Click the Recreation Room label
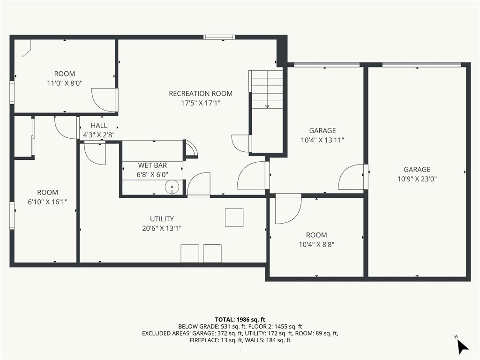pos(201,93)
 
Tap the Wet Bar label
pos(152,165)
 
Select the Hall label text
pos(99,126)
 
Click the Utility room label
pos(162,219)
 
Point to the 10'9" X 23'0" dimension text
pos(417,179)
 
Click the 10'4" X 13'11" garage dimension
pos(322,140)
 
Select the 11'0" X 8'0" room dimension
pos(65,83)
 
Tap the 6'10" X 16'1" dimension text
pos(47,202)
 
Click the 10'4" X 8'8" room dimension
pos(316,245)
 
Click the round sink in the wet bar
pos(172,187)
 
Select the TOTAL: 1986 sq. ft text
pos(240,320)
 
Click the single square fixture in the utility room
pos(234,217)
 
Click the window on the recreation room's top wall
pos(219,37)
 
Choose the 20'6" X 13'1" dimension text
pos(162,228)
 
